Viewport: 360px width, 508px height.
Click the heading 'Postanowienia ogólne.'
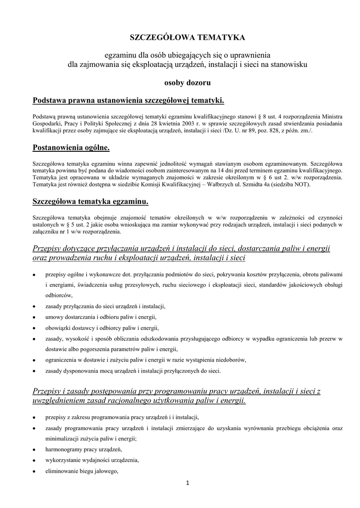71,148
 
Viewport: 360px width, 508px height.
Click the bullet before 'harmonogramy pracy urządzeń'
33,450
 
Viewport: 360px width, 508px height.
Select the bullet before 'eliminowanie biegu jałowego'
33,472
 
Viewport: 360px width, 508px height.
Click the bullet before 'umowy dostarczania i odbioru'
33,317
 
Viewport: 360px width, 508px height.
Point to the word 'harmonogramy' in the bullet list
64,449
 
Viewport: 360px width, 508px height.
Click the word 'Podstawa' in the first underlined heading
50,101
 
